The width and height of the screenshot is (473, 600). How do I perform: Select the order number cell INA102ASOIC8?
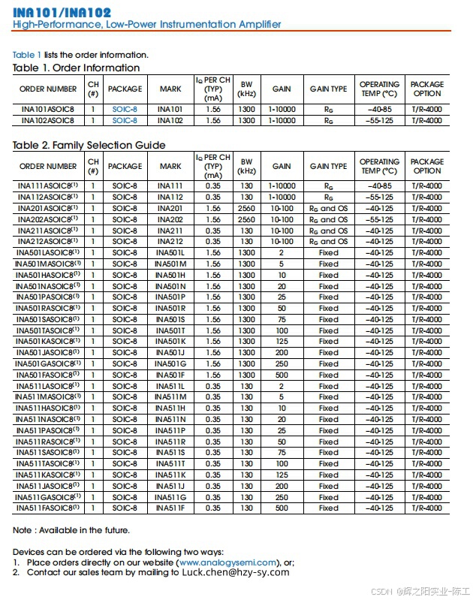[47, 120]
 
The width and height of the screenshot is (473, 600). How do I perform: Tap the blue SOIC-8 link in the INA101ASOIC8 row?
[125, 109]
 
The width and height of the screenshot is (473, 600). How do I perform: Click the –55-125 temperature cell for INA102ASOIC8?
[379, 120]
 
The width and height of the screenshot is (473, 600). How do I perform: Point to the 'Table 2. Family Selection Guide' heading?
[89, 145]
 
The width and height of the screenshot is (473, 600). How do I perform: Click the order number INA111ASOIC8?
[47, 186]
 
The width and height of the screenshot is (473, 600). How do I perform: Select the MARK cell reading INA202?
[170, 219]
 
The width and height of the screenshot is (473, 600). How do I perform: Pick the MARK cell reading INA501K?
[170, 342]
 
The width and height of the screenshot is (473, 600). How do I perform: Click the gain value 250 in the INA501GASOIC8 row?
[282, 364]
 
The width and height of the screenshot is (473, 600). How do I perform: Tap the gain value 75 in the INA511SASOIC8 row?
[282, 453]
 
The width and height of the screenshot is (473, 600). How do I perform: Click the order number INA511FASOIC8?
[47, 508]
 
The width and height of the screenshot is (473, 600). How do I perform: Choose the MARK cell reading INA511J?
[170, 486]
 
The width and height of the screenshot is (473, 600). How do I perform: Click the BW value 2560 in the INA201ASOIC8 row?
[246, 209]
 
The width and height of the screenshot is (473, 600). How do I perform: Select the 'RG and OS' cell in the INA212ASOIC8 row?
[328, 242]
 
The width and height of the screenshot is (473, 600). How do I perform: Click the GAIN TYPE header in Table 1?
[328, 89]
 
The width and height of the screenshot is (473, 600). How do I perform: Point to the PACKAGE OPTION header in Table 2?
[427, 166]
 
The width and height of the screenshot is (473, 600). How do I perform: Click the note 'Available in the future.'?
[83, 530]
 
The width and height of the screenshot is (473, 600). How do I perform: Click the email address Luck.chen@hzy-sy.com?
[235, 572]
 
